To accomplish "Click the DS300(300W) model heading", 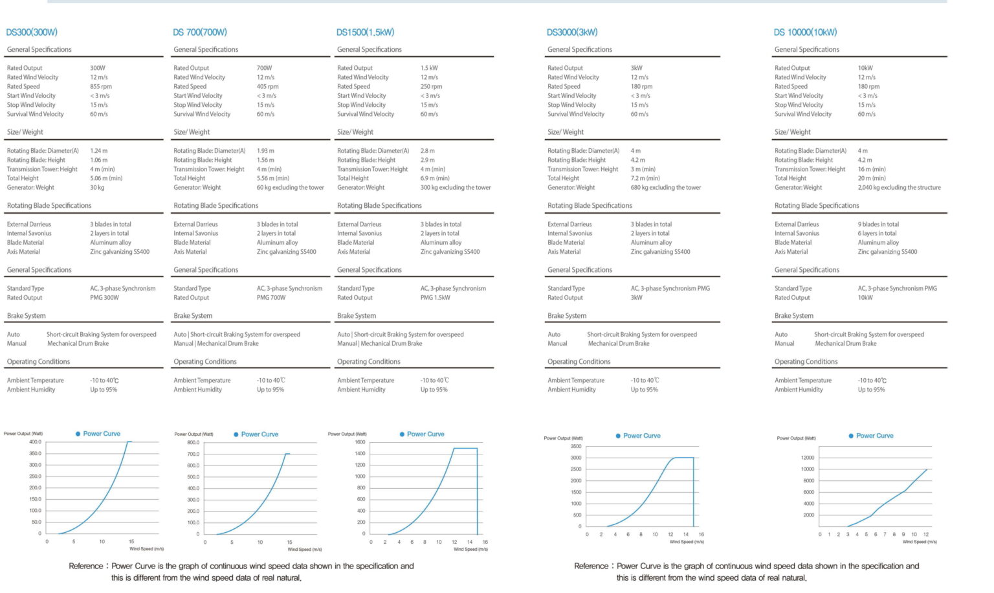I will (x=32, y=32).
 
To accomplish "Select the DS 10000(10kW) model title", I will (x=805, y=32).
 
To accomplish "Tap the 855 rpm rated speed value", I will (x=101, y=86).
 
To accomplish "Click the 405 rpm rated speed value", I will (x=267, y=86).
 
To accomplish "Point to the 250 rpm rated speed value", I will (x=431, y=86).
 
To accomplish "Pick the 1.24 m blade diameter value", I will (x=99, y=151).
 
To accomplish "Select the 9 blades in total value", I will (x=878, y=225).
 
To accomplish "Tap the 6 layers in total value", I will (x=877, y=234).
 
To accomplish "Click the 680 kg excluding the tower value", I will (x=666, y=188).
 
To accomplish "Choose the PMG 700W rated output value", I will (x=271, y=298).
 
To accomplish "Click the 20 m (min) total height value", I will (x=872, y=178).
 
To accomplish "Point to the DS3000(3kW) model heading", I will (x=572, y=32).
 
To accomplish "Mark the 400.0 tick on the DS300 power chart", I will (x=35, y=442).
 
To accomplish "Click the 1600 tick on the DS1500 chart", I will (x=360, y=442).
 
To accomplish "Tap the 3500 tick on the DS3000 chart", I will (x=575, y=446).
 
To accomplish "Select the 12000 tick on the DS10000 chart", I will (x=808, y=458).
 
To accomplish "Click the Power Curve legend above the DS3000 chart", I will (x=641, y=436).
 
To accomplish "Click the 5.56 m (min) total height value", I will (x=273, y=178).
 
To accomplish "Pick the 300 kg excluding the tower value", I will (x=456, y=188).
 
